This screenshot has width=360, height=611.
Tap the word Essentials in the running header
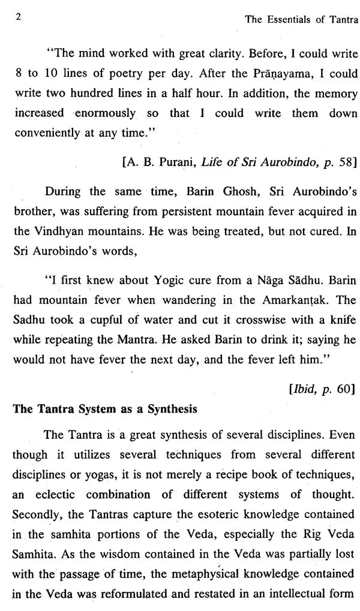(287, 20)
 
